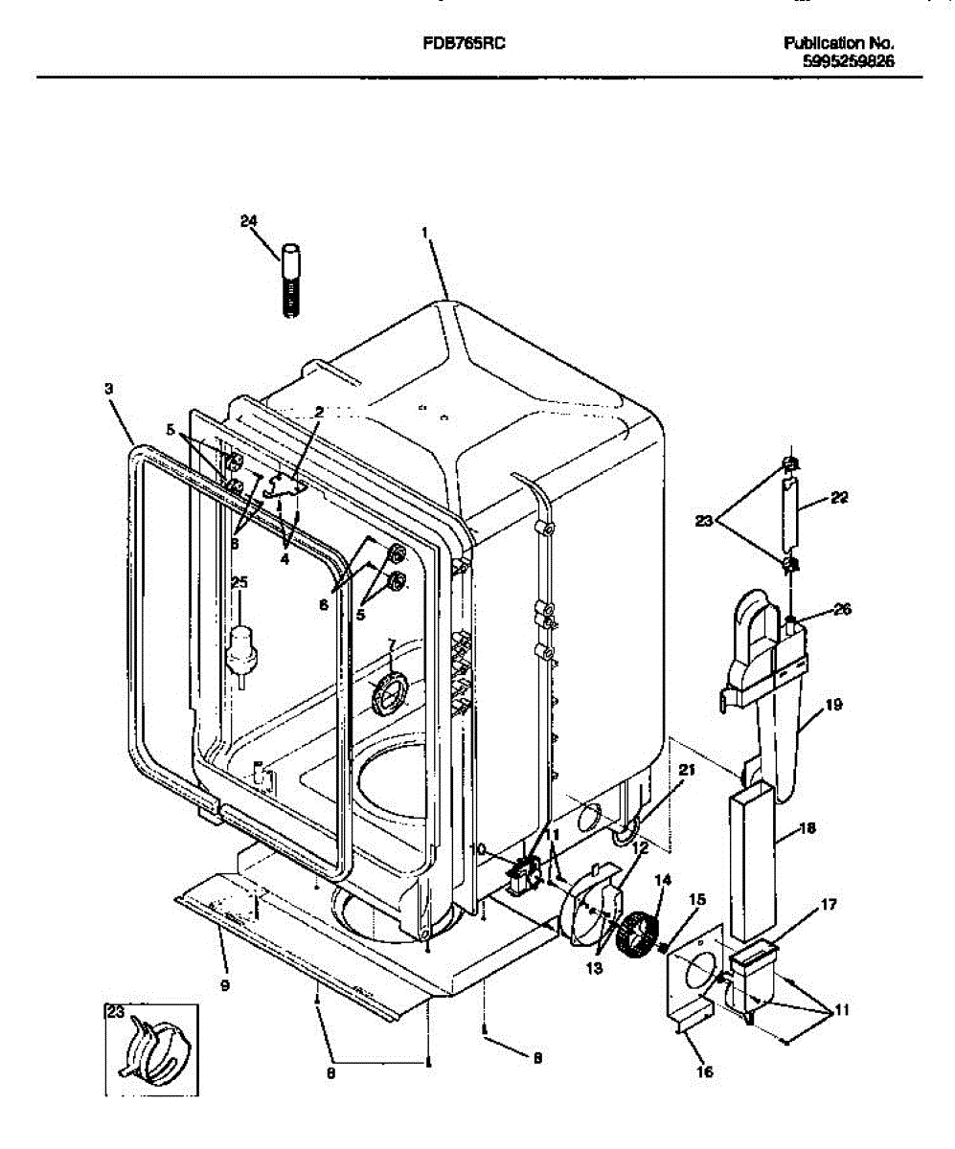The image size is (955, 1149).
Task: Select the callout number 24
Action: (x=249, y=221)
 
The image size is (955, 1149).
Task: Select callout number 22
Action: (x=840, y=497)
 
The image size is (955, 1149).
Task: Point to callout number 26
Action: (x=840, y=609)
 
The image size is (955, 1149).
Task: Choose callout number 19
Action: (x=832, y=706)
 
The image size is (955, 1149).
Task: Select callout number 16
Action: (x=704, y=1071)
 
